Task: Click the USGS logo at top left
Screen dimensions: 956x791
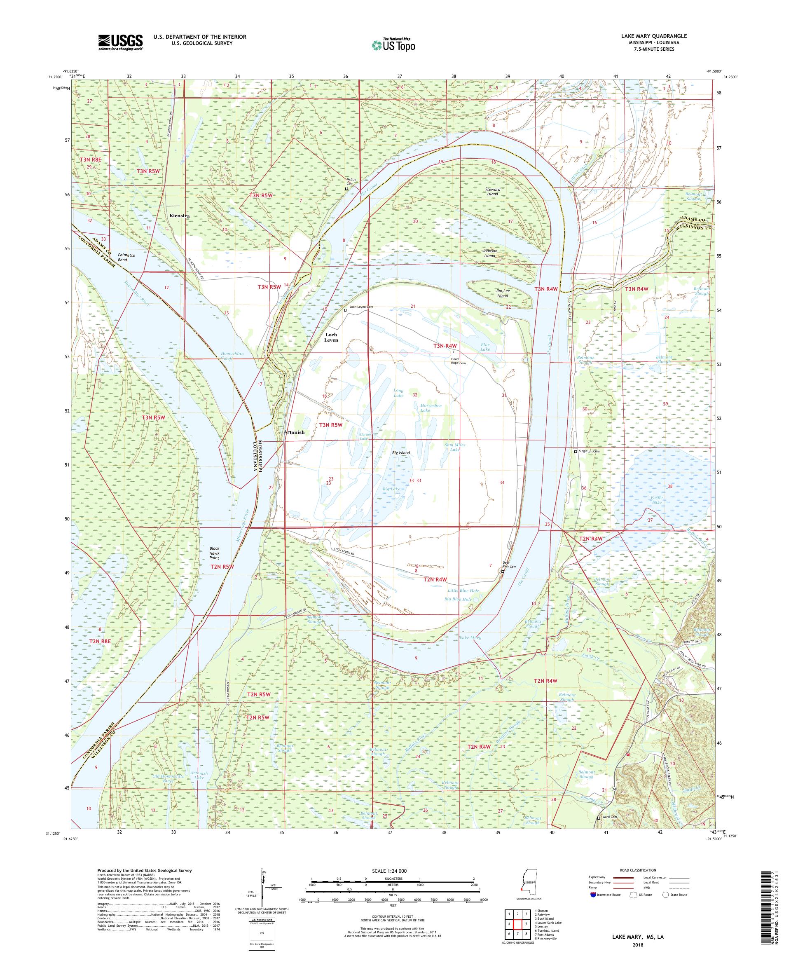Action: [x=120, y=43]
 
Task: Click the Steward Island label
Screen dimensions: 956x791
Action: [x=492, y=191]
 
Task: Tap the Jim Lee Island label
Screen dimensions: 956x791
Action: [x=503, y=293]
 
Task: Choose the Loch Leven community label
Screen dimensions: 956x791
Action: [x=331, y=337]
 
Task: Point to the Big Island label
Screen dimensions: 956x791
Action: [x=401, y=453]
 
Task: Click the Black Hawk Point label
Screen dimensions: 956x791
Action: [x=214, y=552]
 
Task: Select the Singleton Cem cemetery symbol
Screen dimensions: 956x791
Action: [x=576, y=452]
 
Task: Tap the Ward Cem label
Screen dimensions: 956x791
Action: [x=611, y=818]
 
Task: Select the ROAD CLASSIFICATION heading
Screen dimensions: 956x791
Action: [x=637, y=870]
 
